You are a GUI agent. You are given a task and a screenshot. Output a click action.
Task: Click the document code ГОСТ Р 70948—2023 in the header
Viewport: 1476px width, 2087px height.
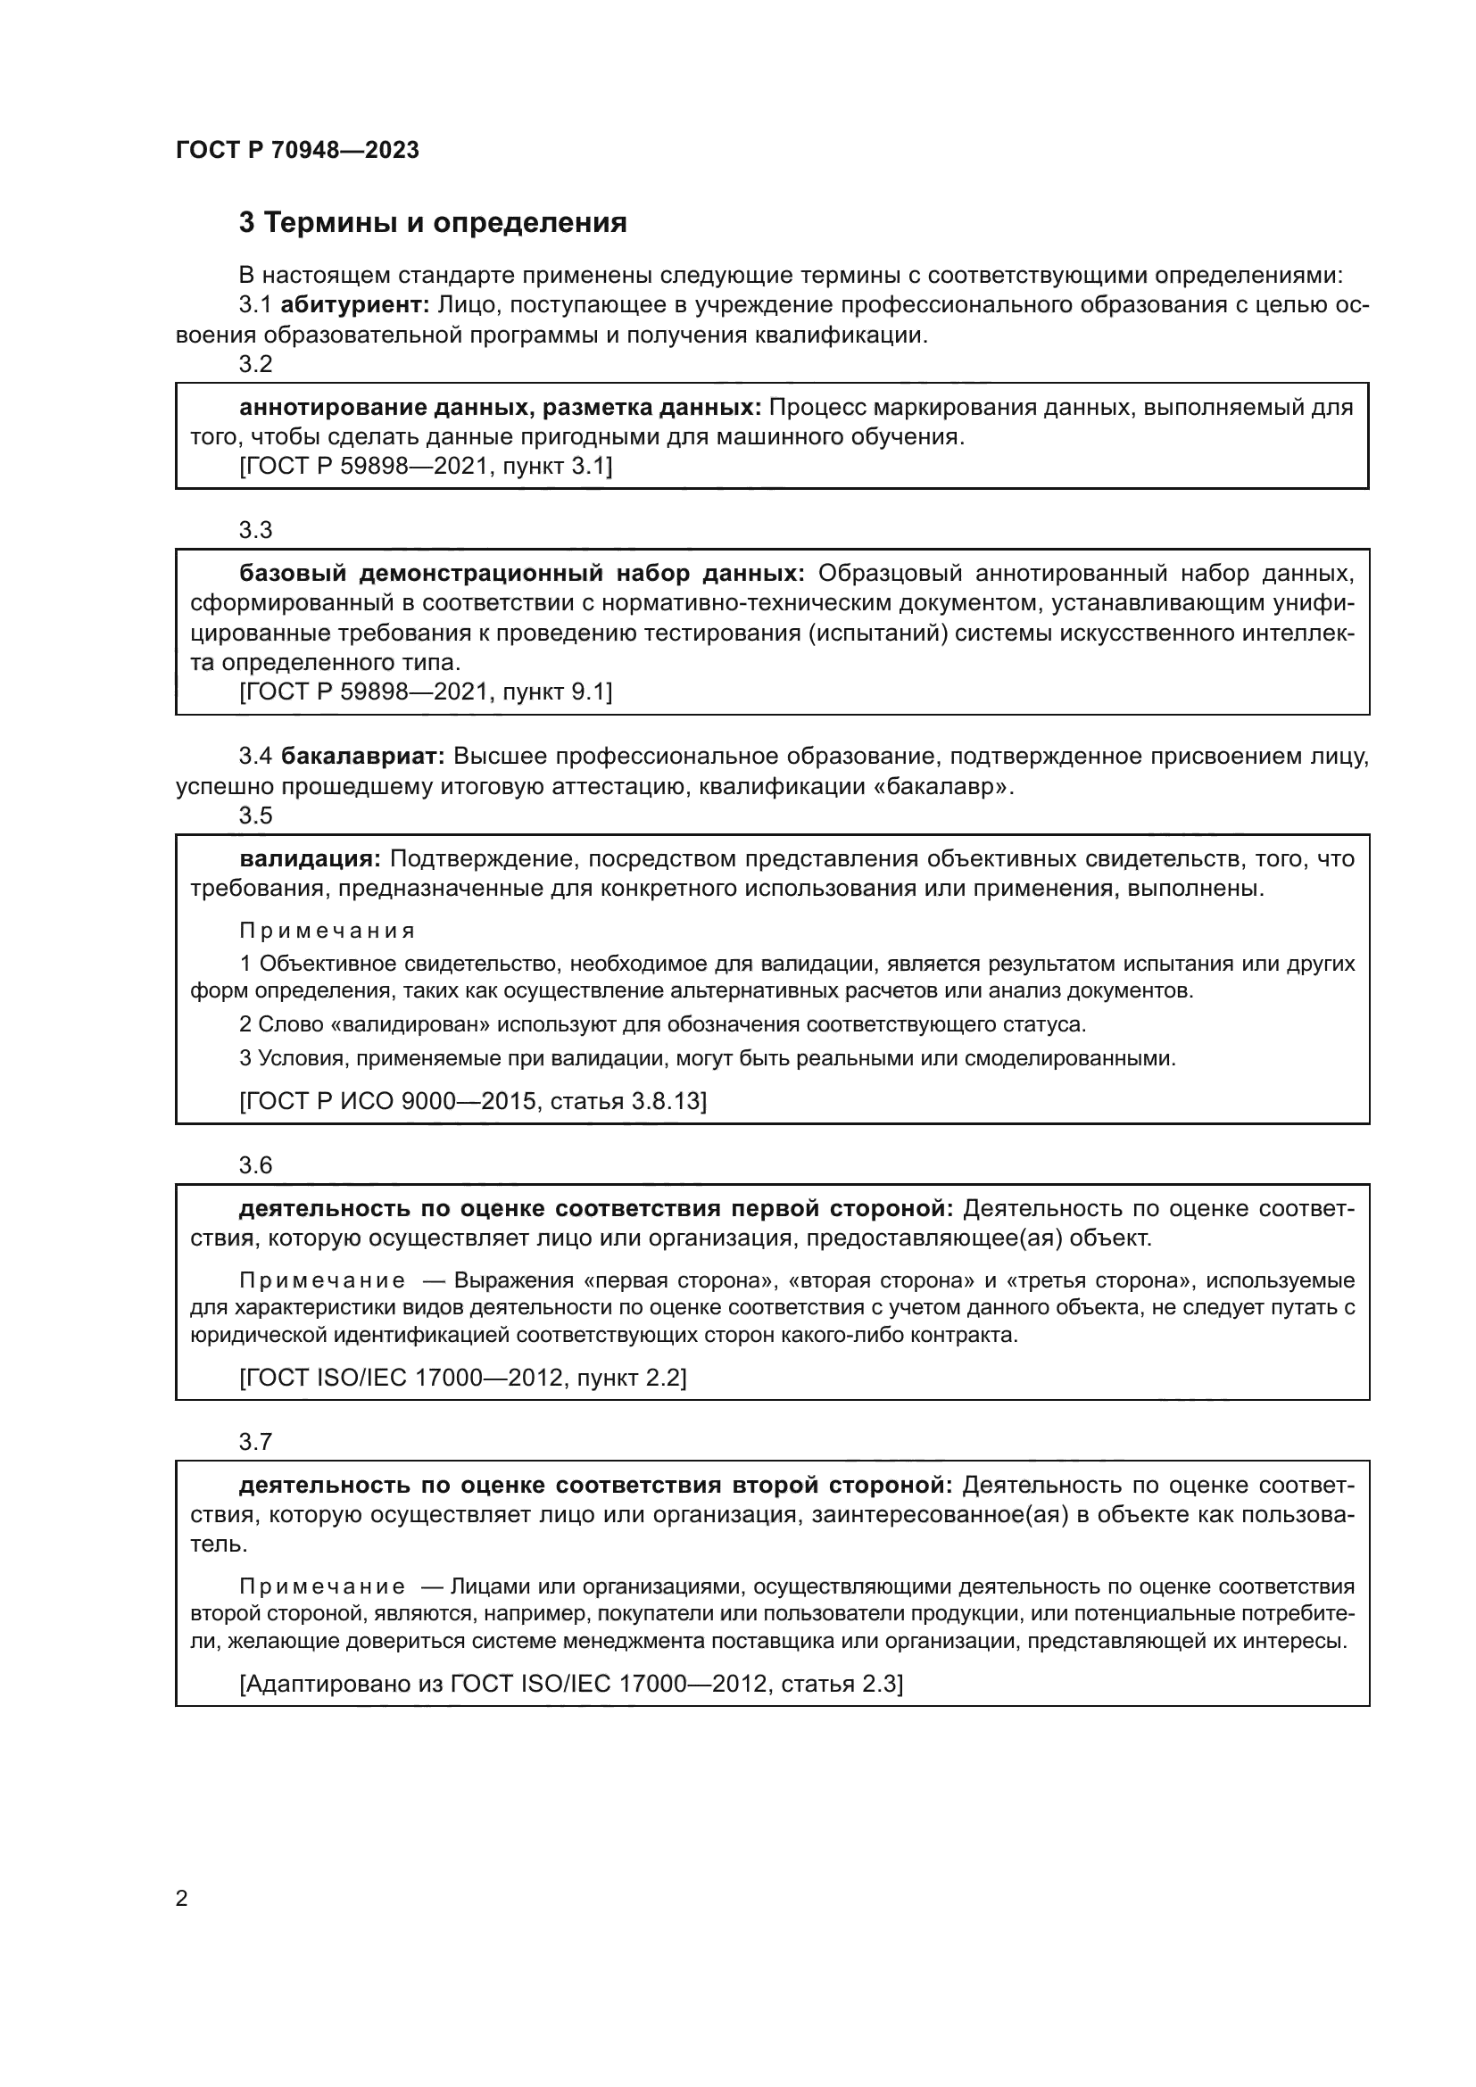[297, 150]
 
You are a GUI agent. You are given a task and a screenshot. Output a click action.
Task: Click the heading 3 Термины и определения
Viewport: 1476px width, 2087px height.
[433, 223]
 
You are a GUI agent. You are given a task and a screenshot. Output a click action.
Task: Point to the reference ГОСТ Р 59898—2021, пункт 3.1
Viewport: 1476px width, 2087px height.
[426, 468]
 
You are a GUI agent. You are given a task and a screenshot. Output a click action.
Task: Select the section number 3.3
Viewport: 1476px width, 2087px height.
[255, 530]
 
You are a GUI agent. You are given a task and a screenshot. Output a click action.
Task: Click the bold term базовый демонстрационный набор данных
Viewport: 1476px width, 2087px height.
[522, 574]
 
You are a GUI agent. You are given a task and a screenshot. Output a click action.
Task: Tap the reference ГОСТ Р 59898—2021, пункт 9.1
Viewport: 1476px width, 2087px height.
[426, 692]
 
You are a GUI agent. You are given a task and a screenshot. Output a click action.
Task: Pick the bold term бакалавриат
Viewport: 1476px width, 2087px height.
[361, 757]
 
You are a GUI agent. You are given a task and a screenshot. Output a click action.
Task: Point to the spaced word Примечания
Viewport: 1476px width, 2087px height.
[328, 931]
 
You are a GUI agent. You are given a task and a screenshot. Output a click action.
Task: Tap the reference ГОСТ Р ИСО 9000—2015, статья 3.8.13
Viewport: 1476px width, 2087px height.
[473, 1102]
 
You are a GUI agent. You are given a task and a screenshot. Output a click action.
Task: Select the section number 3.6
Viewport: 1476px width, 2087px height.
[255, 1165]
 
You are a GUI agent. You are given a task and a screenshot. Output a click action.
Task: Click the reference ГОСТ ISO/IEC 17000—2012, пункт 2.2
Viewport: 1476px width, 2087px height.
[462, 1378]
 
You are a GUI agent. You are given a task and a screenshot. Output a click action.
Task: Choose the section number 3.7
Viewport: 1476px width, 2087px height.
[255, 1442]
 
